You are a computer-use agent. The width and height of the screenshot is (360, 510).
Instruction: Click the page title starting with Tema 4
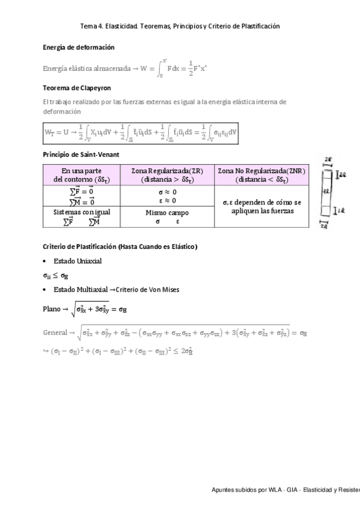[180, 26]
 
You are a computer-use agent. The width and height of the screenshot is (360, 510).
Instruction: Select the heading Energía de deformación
[79, 47]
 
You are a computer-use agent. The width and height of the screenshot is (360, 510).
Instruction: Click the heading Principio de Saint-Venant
[81, 155]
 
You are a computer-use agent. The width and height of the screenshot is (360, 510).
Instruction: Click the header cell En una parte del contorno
[81, 175]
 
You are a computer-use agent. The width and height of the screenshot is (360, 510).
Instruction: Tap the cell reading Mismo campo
[166, 212]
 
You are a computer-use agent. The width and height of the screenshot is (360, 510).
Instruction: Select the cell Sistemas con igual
[81, 212]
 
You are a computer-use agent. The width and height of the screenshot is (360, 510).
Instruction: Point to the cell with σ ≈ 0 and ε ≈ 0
[166, 196]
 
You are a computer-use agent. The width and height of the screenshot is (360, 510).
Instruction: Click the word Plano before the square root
[52, 309]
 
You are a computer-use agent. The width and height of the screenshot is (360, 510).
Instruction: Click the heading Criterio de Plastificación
[120, 247]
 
